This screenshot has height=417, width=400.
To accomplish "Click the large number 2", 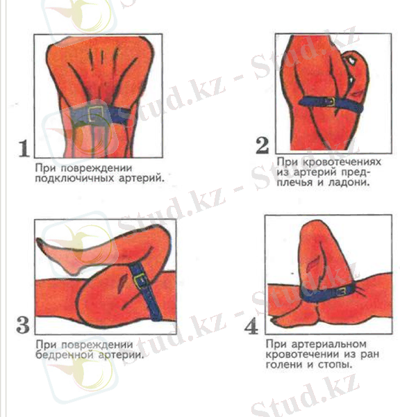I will [x=262, y=146].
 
